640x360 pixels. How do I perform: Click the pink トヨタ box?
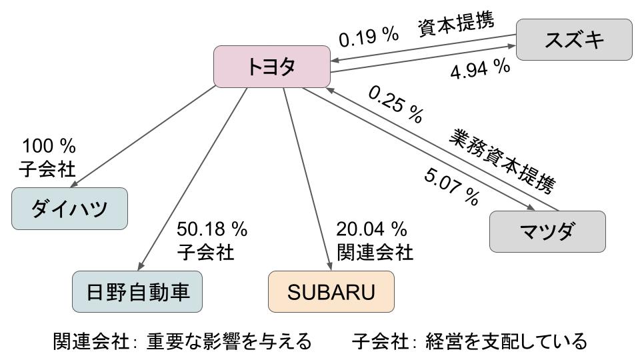(271, 66)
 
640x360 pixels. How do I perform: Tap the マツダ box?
(547, 231)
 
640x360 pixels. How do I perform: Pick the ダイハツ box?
(69, 209)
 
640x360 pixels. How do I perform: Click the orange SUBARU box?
(331, 291)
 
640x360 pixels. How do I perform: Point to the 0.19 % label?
(369, 37)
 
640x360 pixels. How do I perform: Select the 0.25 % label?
(395, 104)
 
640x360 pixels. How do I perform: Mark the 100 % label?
(49, 146)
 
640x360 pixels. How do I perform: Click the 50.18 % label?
(212, 230)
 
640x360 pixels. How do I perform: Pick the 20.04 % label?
(371, 230)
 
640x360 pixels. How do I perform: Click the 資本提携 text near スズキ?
(456, 24)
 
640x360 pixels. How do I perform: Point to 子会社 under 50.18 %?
(206, 253)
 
